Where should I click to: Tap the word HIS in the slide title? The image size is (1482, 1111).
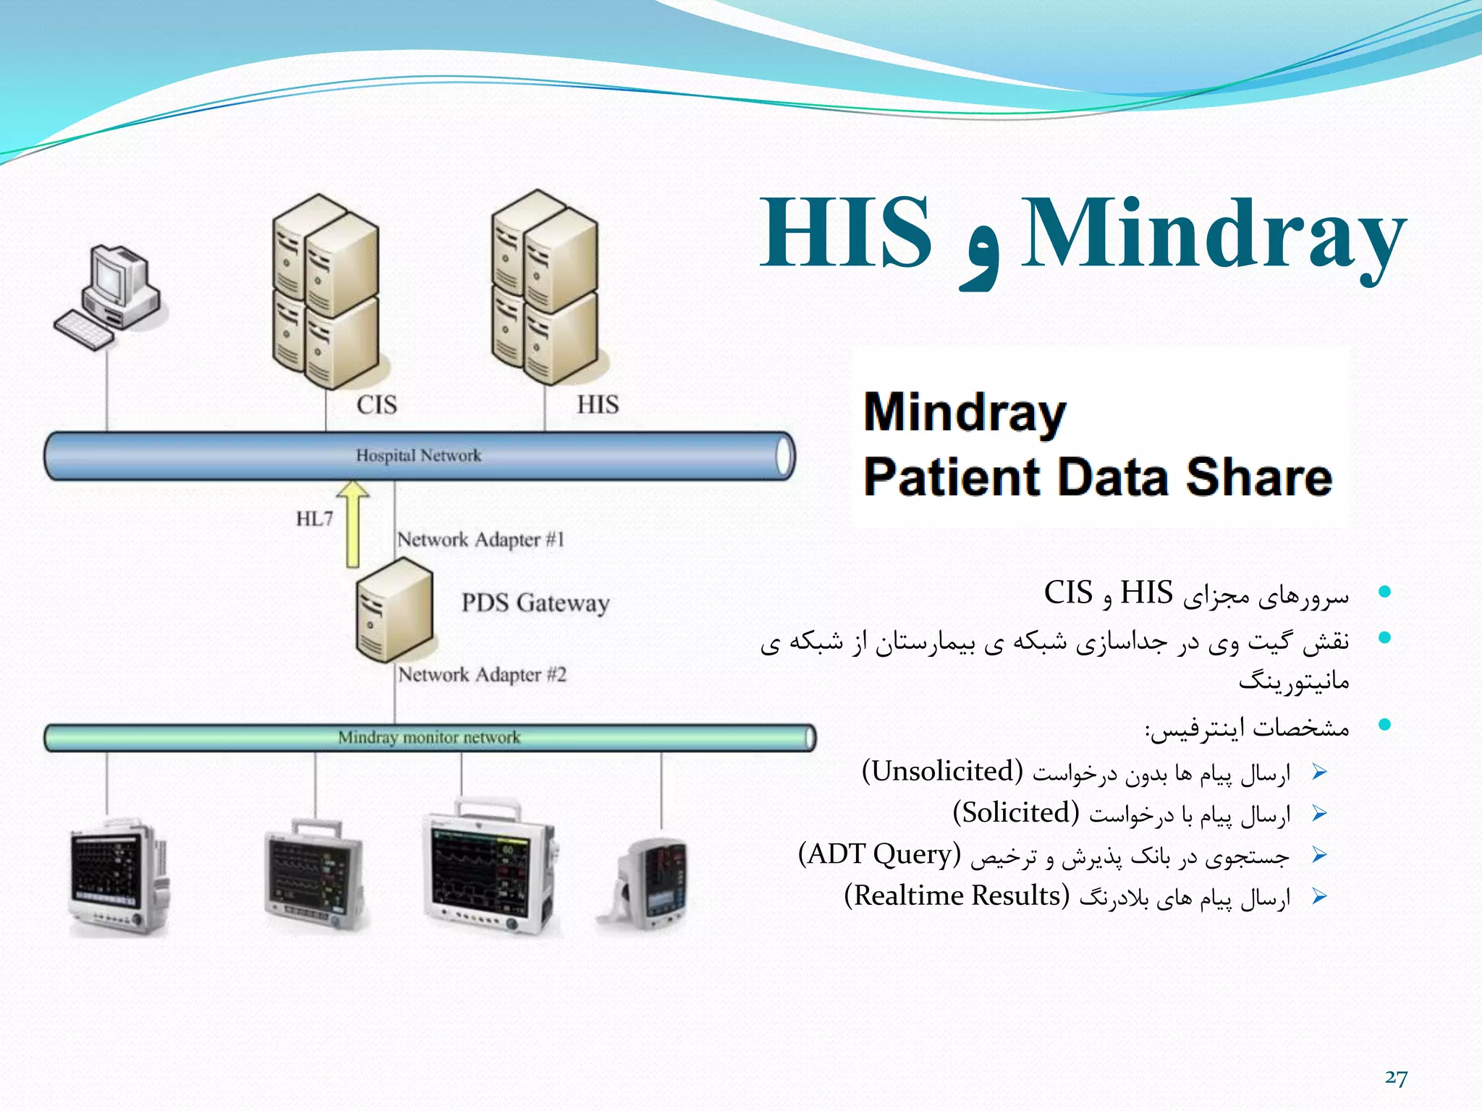pos(845,233)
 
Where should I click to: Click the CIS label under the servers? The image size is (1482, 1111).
pos(376,404)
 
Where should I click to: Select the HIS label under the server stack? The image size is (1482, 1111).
pos(598,404)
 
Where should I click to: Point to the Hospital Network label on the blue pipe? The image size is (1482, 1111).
pos(418,456)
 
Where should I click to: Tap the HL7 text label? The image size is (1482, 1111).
pos(314,519)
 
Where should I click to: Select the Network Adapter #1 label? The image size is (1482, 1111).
pos(480,540)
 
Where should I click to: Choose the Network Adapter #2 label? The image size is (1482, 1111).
pos(482,675)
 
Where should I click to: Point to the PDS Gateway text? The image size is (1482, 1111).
pos(535,603)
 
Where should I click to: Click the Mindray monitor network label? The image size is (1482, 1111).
pos(429,738)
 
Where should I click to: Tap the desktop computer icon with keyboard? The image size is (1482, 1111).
pos(109,297)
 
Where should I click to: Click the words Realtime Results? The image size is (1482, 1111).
pos(957,895)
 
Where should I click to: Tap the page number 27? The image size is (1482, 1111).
pos(1396,1078)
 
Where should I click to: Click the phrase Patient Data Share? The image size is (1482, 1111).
pos(1098,477)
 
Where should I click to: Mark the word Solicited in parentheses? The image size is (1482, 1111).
pos(1016,813)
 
